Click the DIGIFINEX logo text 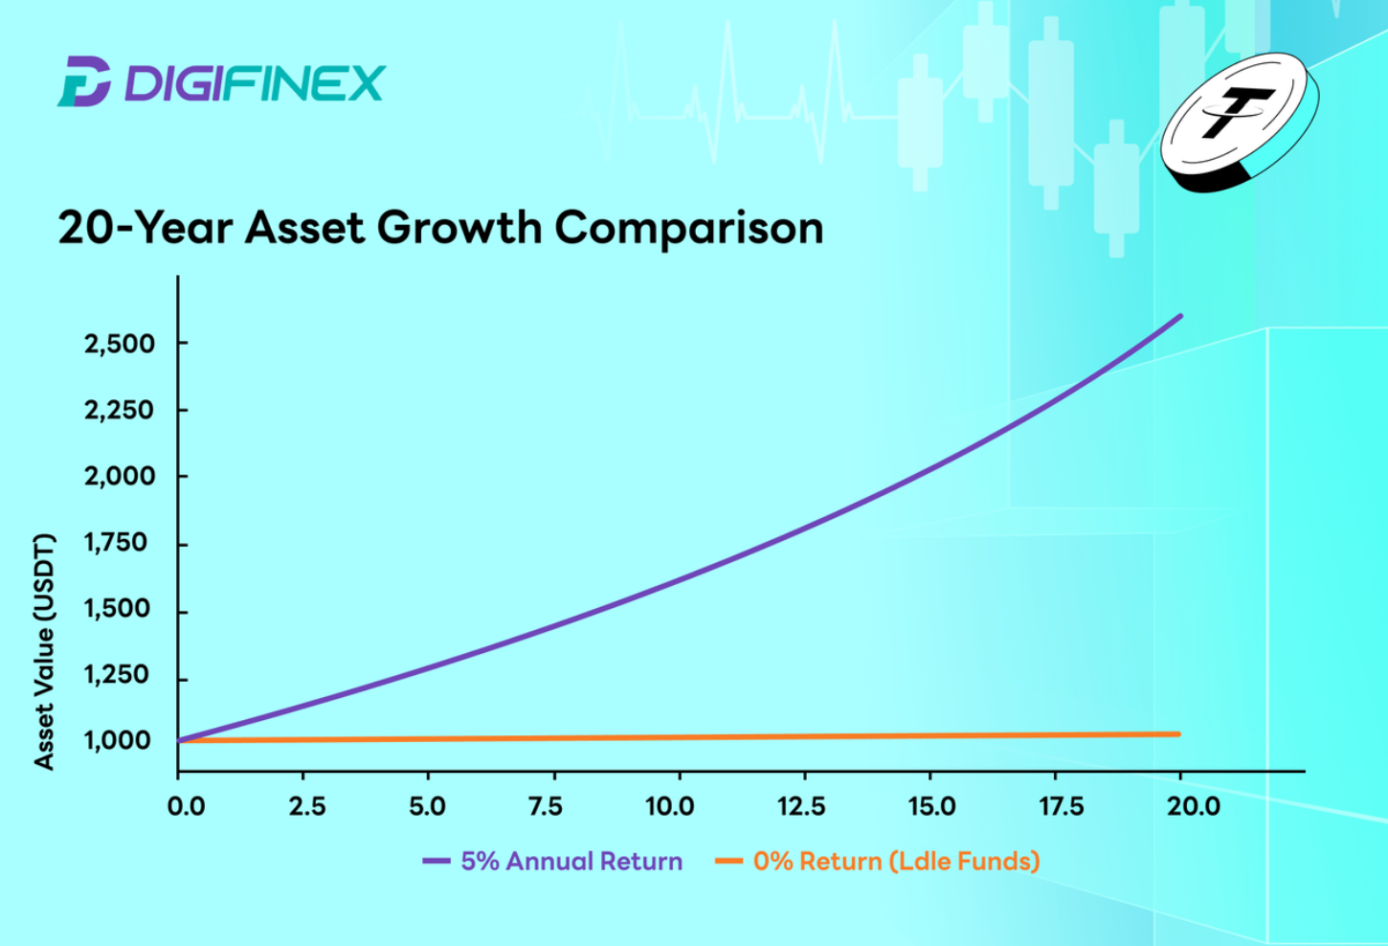pyautogui.click(x=255, y=82)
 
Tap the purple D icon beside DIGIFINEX pyautogui.click(x=84, y=81)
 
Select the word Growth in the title pyautogui.click(x=459, y=227)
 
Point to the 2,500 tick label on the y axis pyautogui.click(x=119, y=344)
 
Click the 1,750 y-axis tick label pyautogui.click(x=116, y=543)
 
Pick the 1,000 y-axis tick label pyautogui.click(x=117, y=741)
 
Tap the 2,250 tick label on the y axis pyautogui.click(x=119, y=411)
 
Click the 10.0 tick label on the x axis pyautogui.click(x=670, y=806)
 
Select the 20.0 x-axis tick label pyautogui.click(x=1194, y=806)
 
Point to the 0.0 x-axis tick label pyautogui.click(x=186, y=806)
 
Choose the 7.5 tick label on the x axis pyautogui.click(x=546, y=806)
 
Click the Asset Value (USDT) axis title pyautogui.click(x=44, y=651)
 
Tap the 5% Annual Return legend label pyautogui.click(x=571, y=861)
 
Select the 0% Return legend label pyautogui.click(x=897, y=862)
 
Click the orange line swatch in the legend pyautogui.click(x=728, y=861)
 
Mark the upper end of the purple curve pyautogui.click(x=1180, y=316)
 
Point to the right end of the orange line pyautogui.click(x=1178, y=734)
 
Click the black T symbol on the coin pyautogui.click(x=1237, y=112)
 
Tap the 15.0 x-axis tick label pyautogui.click(x=932, y=806)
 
